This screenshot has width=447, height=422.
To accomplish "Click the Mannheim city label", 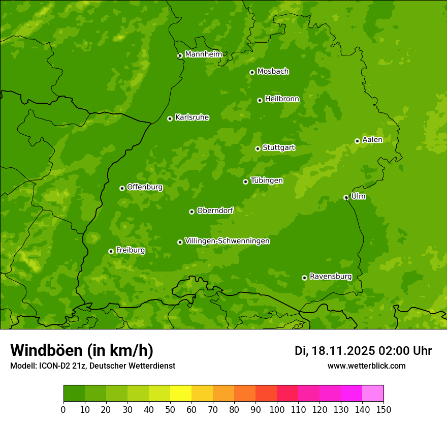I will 204,54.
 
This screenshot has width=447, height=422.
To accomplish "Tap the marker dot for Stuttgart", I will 258,148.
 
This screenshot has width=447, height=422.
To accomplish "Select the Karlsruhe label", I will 192,117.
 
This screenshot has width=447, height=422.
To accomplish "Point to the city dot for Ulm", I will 346,197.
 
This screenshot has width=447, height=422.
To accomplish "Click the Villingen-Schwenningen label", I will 228,241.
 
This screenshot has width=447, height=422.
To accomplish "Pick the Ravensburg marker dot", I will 304,278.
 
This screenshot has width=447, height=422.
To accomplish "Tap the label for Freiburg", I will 131,250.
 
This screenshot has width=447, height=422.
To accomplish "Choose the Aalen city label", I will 372,140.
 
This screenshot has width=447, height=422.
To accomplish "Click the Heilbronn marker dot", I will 260,100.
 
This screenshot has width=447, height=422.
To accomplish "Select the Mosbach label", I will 273,72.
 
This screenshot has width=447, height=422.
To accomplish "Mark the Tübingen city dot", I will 245,182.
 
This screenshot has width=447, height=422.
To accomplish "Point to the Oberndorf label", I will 215,210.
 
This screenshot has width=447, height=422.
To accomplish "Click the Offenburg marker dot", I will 122,188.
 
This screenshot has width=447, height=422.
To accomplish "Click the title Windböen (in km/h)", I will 82,350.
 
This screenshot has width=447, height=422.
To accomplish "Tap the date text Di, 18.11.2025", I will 334,351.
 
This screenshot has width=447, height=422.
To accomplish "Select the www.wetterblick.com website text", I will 366,366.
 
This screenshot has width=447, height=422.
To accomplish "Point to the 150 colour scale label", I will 384,409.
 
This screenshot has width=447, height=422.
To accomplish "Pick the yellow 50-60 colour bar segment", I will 181,394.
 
